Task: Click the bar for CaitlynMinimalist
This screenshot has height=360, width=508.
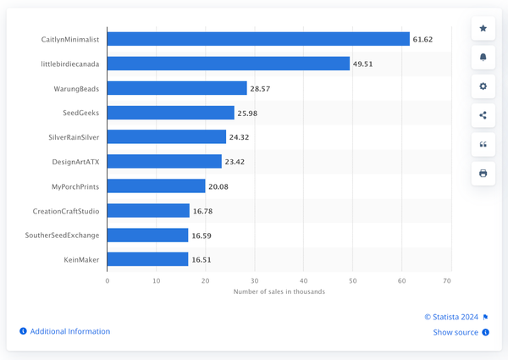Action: [x=258, y=39]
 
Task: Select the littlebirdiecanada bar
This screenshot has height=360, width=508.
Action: [x=229, y=64]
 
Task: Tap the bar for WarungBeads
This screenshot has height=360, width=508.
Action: [x=177, y=88]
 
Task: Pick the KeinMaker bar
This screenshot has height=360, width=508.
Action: [x=148, y=259]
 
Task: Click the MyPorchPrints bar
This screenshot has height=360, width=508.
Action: [x=157, y=186]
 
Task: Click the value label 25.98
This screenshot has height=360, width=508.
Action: [x=250, y=113]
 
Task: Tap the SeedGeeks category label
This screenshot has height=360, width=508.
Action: [x=81, y=113]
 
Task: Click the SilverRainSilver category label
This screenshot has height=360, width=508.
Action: [x=75, y=137]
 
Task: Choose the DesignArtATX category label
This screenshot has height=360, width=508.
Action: [x=76, y=161]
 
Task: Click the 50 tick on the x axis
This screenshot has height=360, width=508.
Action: [x=352, y=280]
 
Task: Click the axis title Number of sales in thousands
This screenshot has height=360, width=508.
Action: [x=279, y=291]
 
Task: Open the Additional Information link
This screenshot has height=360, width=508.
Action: [x=69, y=331]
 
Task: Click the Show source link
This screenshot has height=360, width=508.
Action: [x=456, y=332]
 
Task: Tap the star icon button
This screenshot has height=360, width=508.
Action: [x=483, y=28]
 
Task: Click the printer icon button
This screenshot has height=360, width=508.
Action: [x=483, y=173]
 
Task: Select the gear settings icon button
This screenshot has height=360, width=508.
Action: [x=483, y=86]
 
